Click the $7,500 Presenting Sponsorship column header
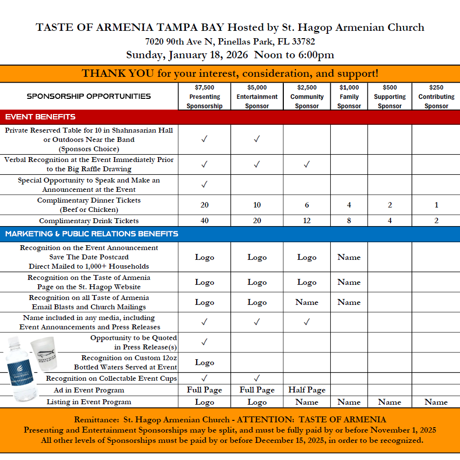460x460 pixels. [205, 96]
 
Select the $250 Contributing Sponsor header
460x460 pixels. [436, 96]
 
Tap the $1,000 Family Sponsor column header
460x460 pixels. [349, 96]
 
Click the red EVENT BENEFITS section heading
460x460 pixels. [41, 117]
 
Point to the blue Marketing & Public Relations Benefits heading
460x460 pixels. [92, 234]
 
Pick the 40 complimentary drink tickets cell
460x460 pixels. [205, 221]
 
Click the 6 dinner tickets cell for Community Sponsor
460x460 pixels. [307, 205]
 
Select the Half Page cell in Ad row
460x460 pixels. [307, 390]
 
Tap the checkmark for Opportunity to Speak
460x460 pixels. [205, 184]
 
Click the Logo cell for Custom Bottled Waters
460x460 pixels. [205, 363]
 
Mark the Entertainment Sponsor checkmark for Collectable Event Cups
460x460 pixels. [257, 378]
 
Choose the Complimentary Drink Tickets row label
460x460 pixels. [89, 221]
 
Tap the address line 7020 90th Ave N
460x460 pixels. [230, 42]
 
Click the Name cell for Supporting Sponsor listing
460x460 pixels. [390, 402]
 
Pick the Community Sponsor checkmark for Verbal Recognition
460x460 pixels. [307, 165]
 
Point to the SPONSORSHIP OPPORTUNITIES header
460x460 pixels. [89, 96]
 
